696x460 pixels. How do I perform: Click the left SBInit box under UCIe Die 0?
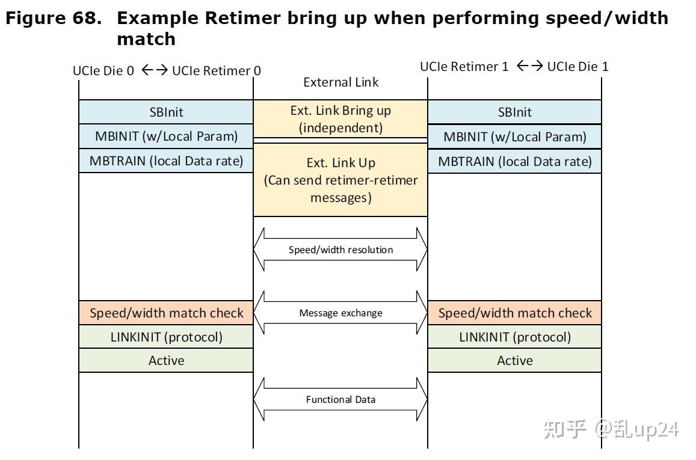coord(166,112)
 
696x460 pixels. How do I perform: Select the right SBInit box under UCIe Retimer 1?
coord(514,112)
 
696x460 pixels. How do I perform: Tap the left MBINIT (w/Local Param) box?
coord(166,136)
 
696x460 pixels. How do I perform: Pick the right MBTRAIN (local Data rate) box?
coord(514,161)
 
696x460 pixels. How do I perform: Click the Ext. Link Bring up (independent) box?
coord(340,119)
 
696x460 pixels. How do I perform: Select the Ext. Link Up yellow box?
coord(340,180)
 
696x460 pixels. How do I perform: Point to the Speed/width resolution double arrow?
coord(340,250)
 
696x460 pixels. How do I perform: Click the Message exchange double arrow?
coord(340,313)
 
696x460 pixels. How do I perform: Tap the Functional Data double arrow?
coord(340,399)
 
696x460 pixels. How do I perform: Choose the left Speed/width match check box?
coord(166,313)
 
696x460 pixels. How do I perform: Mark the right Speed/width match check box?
coord(514,313)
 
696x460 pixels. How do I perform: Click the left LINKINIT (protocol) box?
coord(166,337)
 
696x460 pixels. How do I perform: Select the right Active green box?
coord(514,361)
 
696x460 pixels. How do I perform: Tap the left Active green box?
coord(166,361)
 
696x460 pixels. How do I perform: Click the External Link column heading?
coord(340,82)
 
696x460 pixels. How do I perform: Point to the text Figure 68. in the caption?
coord(53,18)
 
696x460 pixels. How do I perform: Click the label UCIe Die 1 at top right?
coord(577,66)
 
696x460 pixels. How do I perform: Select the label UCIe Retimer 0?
coord(217,71)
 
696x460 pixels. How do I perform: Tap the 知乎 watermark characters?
coord(564,429)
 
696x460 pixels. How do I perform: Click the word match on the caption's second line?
coord(146,39)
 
